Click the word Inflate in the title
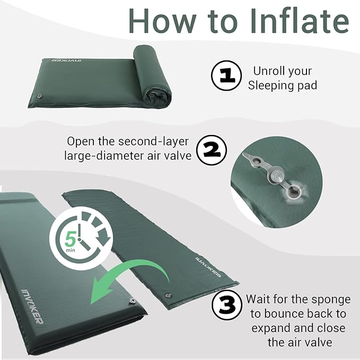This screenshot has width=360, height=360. [x=300, y=21]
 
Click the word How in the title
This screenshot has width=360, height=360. [x=163, y=21]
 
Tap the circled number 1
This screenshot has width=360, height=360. [x=226, y=76]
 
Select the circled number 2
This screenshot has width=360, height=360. [x=212, y=150]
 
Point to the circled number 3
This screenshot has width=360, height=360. [x=227, y=305]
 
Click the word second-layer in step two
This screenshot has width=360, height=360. [x=153, y=142]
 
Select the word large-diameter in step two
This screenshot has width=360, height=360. [x=103, y=156]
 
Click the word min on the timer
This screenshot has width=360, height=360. [x=71, y=250]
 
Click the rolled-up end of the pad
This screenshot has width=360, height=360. [x=153, y=76]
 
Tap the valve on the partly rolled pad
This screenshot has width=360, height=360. [x=40, y=96]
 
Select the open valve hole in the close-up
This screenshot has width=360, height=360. [x=294, y=190]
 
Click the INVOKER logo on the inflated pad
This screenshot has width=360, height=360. [x=32, y=306]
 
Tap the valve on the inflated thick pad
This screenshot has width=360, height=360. [x=132, y=301]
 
